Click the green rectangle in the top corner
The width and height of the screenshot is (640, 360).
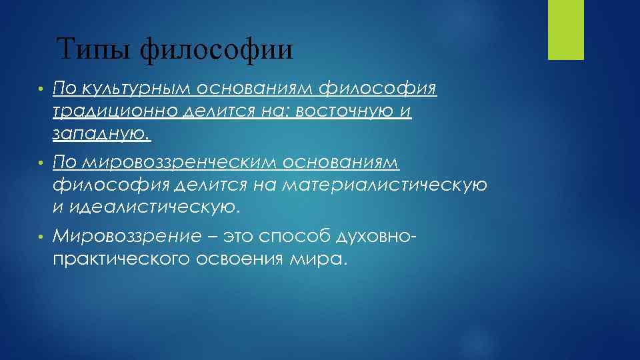click(565, 29)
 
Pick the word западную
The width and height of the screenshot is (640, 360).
click(101, 135)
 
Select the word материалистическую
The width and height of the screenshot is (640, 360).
click(384, 185)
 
